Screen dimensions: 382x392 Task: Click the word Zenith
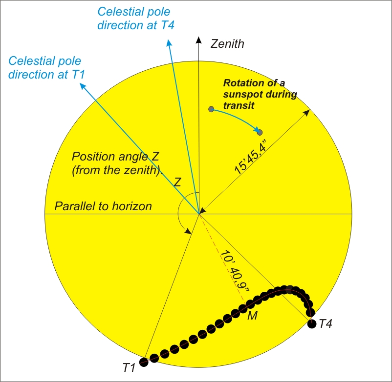[x=227, y=44]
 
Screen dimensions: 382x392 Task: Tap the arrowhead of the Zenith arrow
[x=198, y=39]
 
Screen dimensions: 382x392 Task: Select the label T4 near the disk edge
[x=327, y=323]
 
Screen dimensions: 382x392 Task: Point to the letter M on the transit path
[x=253, y=316]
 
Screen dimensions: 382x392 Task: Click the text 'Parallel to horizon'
[x=103, y=206]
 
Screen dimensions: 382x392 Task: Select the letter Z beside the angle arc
[x=178, y=182]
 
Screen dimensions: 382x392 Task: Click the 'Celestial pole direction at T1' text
[x=45, y=68]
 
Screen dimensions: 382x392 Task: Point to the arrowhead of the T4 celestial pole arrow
[x=169, y=43]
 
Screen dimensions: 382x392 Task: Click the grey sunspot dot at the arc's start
[x=211, y=109]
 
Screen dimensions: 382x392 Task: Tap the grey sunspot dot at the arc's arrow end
[x=260, y=132]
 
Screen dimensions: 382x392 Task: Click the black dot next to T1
[x=144, y=362]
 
